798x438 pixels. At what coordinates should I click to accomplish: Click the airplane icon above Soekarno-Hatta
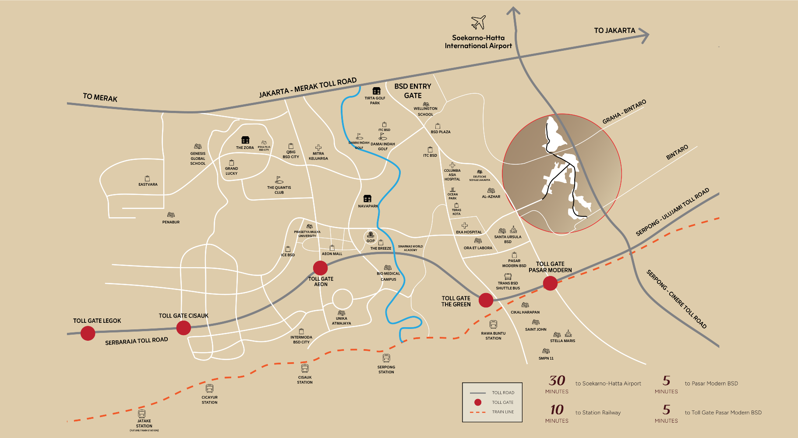(478, 22)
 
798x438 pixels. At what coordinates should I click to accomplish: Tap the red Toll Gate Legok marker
(88, 333)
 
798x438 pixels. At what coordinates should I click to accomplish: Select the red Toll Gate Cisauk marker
(184, 328)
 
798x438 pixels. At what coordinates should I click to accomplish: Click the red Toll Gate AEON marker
(320, 268)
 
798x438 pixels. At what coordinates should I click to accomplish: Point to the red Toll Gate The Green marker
(486, 300)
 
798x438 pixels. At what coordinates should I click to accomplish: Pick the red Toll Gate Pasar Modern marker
(550, 283)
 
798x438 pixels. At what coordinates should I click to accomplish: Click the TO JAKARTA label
(614, 31)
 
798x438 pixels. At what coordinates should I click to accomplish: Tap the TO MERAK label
(100, 97)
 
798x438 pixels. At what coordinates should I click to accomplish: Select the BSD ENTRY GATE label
(413, 91)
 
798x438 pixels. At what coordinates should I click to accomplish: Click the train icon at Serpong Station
(386, 359)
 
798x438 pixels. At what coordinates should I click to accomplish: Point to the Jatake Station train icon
(141, 413)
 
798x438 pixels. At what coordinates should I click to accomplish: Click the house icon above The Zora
(245, 140)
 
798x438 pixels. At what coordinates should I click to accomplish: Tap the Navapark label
(368, 206)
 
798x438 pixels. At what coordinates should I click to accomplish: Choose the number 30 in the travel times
(557, 381)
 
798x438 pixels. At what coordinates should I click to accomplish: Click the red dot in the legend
(478, 402)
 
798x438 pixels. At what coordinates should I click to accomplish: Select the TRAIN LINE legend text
(503, 412)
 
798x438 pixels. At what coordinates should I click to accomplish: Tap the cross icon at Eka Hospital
(465, 226)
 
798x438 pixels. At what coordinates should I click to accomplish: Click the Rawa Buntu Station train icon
(493, 325)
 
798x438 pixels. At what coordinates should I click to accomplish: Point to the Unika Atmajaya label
(341, 321)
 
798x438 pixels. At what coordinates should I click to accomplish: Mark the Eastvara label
(148, 184)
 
